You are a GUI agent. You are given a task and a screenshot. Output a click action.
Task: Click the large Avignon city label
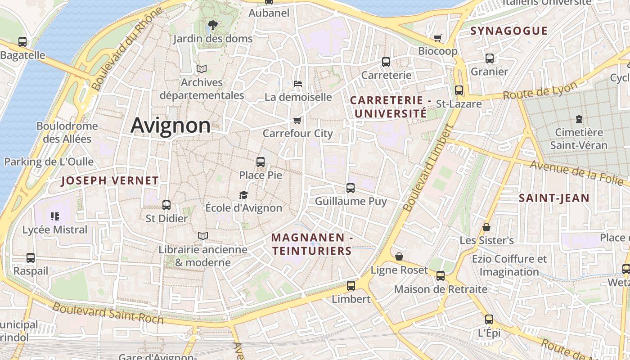171,126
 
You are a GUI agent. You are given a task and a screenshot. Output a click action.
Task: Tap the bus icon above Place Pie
261,162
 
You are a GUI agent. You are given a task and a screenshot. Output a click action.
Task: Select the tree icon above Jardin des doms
213,25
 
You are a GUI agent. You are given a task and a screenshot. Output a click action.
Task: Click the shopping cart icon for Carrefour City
297,120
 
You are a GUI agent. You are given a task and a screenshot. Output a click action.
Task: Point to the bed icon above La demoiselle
297,84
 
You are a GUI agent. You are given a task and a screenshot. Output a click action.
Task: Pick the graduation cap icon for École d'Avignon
243,195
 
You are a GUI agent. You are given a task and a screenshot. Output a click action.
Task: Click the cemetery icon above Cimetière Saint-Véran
579,120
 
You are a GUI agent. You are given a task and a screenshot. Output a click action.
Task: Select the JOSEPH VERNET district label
110,181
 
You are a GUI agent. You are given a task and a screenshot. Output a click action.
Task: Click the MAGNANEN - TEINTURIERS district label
311,244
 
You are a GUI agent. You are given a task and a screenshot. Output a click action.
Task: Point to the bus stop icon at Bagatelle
22,42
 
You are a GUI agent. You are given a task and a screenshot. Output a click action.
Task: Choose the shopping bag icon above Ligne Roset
399,257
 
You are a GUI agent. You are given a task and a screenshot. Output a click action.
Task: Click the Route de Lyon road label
540,91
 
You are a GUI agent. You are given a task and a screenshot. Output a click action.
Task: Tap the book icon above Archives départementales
202,69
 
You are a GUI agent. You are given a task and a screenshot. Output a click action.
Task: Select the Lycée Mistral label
55,229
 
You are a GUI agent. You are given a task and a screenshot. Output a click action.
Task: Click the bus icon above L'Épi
489,320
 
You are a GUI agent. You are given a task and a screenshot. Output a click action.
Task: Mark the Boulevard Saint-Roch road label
108,313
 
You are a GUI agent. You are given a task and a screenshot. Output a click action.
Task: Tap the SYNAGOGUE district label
509,31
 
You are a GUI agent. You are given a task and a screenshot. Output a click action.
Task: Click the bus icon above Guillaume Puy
351,188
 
